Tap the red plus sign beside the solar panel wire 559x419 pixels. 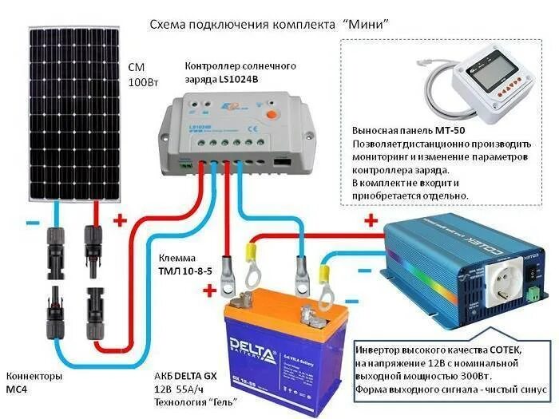pyautogui.click(x=121, y=220)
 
